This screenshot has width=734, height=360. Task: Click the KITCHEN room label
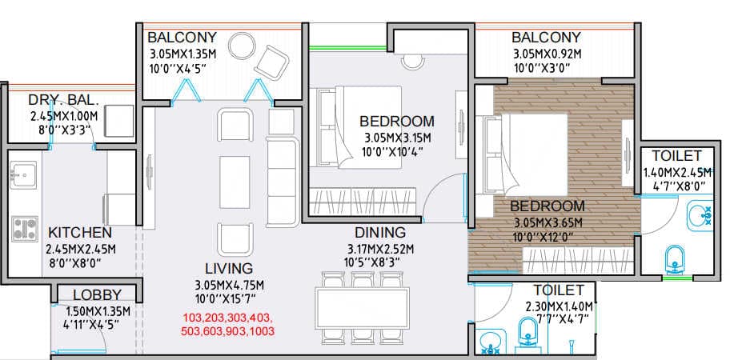point(78,233)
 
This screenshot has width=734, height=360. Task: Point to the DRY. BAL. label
point(63,100)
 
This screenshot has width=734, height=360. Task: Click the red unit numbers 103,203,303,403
point(228,318)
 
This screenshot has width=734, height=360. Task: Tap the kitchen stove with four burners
point(26,228)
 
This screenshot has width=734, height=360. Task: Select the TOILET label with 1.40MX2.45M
point(676,155)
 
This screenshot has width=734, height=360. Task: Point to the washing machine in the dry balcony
point(120,121)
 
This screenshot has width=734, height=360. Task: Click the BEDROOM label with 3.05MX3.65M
point(547,206)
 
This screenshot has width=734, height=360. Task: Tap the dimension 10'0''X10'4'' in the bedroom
point(396,151)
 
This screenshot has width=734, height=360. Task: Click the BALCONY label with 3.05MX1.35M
point(182,38)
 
